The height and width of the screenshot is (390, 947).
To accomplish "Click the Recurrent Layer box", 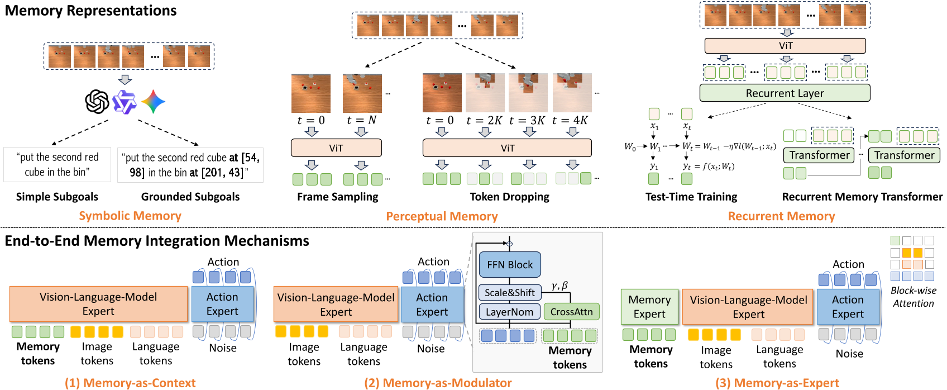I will click(x=785, y=93).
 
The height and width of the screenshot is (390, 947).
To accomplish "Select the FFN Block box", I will click(x=509, y=265).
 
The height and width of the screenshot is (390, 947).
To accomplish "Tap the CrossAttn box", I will click(x=571, y=312).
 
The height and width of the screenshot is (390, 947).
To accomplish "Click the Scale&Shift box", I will click(x=509, y=292).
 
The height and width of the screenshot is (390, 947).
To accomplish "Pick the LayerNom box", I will click(x=509, y=312).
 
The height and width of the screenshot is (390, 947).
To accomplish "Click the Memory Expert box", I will click(x=649, y=307).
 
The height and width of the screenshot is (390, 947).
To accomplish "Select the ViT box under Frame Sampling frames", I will click(x=336, y=148).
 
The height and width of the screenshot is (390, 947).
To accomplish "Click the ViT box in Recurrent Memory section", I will click(x=785, y=46).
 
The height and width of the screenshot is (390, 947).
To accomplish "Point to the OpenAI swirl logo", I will click(x=97, y=102).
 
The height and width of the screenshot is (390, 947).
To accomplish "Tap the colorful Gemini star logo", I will click(x=153, y=102).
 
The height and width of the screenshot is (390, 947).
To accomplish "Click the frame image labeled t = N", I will click(x=362, y=93).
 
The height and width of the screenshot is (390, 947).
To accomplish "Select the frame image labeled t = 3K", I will click(x=528, y=93).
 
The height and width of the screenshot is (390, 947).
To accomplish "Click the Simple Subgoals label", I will click(x=57, y=197).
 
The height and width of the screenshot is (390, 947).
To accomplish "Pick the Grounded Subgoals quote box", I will click(x=190, y=165).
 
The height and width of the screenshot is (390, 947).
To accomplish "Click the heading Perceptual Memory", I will click(x=442, y=216).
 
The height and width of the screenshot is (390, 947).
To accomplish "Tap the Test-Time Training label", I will click(x=691, y=197).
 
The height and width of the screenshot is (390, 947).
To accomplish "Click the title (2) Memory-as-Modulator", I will click(x=438, y=383).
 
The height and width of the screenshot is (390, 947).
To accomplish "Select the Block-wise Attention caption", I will click(x=913, y=297).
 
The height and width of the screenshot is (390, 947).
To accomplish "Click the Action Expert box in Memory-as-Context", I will click(x=222, y=304).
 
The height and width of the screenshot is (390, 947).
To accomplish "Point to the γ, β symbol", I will click(x=559, y=286).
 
